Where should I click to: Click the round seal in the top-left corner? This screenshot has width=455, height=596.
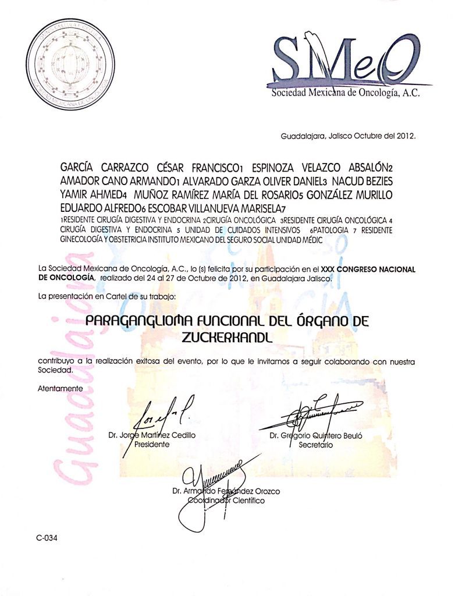[x=68, y=62]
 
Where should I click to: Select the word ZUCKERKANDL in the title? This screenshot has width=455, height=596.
[x=226, y=336]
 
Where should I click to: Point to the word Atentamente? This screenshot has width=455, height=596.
[x=59, y=388]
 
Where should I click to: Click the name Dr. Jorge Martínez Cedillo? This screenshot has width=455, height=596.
[x=152, y=435]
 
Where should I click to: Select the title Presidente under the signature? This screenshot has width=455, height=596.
[x=152, y=444]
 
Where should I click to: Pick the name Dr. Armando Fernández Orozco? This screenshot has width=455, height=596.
[x=226, y=491]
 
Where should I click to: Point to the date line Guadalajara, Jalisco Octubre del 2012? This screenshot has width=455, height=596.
[x=348, y=136]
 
